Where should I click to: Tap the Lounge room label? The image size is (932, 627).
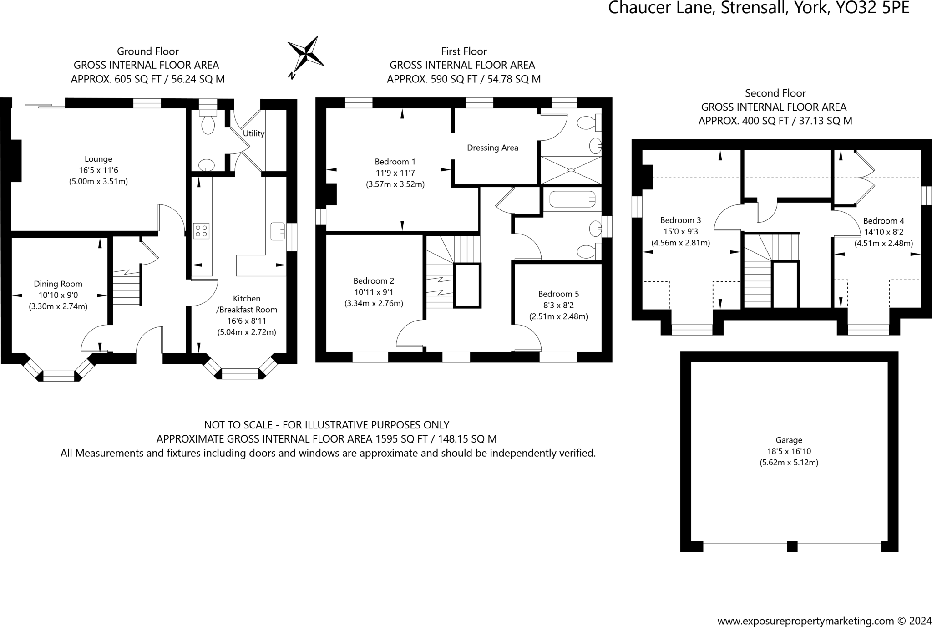(98, 159)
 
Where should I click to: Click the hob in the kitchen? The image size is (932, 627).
(201, 231)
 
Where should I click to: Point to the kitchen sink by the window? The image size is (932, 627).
(277, 231)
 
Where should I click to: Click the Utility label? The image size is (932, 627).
(253, 133)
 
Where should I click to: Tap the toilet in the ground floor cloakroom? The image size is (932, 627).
(208, 123)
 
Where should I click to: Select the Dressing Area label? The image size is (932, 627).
(492, 148)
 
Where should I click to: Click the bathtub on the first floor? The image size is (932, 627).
(572, 199)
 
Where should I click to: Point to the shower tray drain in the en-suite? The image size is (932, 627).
(571, 170)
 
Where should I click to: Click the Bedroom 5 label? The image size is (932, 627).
(558, 294)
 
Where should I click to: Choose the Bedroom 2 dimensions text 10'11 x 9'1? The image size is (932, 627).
(374, 292)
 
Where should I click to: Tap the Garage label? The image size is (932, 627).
(789, 440)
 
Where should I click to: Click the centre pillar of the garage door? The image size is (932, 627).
(792, 546)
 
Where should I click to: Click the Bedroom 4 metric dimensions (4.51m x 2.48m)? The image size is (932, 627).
(883, 243)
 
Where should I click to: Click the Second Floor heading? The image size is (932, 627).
(775, 93)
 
